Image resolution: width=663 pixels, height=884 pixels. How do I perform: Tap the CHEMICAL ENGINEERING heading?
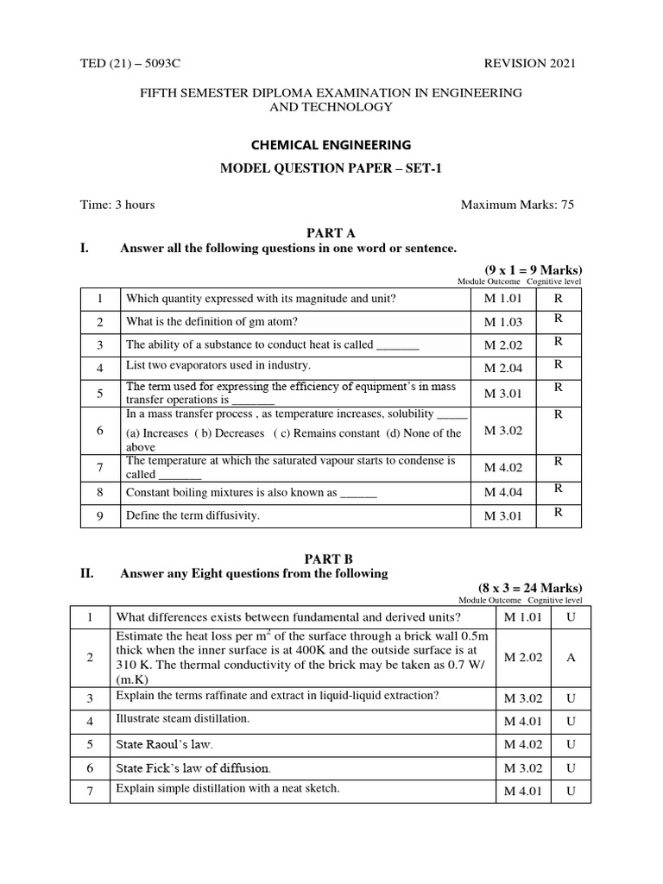click(331, 144)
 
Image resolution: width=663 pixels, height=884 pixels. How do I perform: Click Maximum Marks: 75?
click(517, 205)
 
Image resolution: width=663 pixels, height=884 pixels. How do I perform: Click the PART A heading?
click(331, 233)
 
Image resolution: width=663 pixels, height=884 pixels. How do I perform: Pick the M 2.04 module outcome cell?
click(503, 367)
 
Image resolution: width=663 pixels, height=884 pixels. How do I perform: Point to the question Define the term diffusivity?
click(193, 515)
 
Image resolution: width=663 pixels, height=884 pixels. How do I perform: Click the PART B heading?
click(331, 559)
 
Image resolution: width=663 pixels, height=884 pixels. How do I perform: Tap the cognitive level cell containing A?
click(571, 657)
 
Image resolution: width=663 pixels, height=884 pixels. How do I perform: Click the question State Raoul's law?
click(164, 743)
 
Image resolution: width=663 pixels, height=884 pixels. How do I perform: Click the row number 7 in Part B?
click(90, 791)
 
